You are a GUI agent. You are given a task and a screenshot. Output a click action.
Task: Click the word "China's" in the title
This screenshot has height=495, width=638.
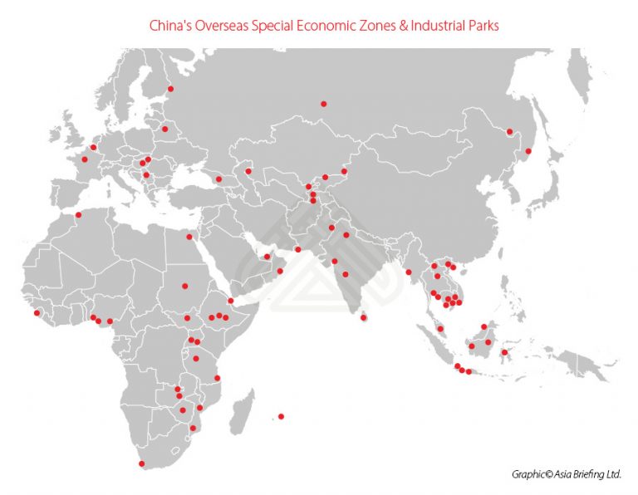pyautogui.click(x=169, y=25)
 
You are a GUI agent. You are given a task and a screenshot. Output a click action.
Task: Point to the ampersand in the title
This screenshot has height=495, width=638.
pyautogui.click(x=397, y=25)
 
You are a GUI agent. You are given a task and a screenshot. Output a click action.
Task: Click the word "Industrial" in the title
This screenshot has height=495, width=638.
pyautogui.click(x=434, y=25)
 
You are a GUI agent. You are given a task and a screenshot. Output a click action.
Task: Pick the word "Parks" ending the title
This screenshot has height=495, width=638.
pyautogui.click(x=483, y=25)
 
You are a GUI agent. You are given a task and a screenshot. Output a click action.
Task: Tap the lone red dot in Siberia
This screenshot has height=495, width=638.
pyautogui.click(x=323, y=104)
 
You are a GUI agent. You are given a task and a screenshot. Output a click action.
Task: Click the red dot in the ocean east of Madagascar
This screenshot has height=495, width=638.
pyautogui.click(x=282, y=416)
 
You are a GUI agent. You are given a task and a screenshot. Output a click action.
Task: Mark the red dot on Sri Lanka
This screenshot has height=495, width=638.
pyautogui.click(x=363, y=317)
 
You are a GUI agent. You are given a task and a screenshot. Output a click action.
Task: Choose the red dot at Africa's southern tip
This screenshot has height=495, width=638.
pyautogui.click(x=141, y=463)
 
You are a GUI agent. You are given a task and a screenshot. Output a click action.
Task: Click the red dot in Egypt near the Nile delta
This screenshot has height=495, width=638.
pyautogui.click(x=189, y=237)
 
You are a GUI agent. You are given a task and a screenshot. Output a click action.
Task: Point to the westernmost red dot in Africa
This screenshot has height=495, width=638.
pyautogui.click(x=37, y=312)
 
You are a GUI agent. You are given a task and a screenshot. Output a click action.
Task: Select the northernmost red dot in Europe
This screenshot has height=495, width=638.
pyautogui.click(x=170, y=89)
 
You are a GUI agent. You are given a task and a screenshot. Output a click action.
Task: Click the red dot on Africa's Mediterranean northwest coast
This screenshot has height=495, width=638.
pyautogui.click(x=79, y=215)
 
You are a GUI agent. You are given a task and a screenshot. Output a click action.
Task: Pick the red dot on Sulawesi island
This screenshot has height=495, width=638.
pyautogui.click(x=504, y=351)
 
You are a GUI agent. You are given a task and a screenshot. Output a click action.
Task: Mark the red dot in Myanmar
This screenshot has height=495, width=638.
pyautogui.click(x=409, y=272)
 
